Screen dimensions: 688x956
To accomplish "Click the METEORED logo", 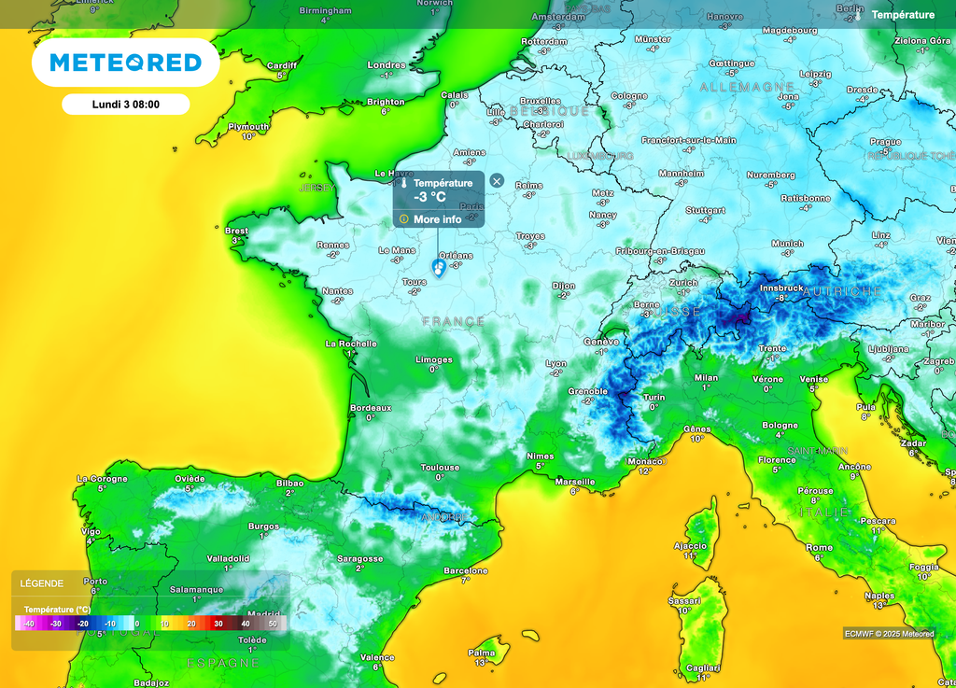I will [x=125, y=63].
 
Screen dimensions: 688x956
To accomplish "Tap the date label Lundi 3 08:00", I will [x=126, y=105].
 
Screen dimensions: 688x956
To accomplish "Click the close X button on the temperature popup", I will [x=497, y=181].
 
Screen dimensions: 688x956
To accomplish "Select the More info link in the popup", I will [x=437, y=219].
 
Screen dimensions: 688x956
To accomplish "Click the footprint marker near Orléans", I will [x=439, y=268].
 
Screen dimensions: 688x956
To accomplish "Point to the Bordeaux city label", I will [x=371, y=408].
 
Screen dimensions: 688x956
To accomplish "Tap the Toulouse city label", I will [x=440, y=468].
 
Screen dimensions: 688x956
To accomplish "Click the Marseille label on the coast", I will [x=574, y=482].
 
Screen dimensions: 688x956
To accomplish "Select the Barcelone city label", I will [x=466, y=570].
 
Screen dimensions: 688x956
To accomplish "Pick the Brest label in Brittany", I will [x=237, y=231].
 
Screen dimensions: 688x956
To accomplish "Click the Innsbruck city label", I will [x=781, y=288].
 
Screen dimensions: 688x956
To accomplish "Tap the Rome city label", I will [x=819, y=548].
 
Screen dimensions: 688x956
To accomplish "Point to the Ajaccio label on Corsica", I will [x=690, y=545].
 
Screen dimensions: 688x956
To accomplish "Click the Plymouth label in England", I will [x=248, y=127].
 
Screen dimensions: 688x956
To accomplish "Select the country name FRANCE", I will [x=454, y=321].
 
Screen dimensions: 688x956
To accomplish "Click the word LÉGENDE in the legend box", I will [x=42, y=583].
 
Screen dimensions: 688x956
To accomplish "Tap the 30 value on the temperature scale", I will [x=218, y=623].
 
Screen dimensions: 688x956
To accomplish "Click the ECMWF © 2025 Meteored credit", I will [x=888, y=634].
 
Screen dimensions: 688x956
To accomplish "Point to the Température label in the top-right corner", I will [x=903, y=15].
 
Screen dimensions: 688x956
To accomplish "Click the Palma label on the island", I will [x=482, y=653].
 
